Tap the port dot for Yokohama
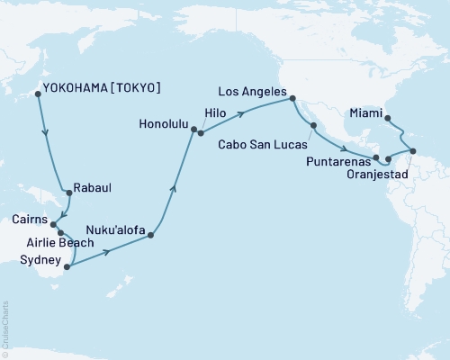(37, 93)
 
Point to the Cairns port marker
(53, 225)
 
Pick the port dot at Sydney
(67, 265)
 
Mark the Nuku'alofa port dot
(151, 237)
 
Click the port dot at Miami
(387, 118)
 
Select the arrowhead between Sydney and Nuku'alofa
(108, 253)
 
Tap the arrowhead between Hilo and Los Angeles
(244, 113)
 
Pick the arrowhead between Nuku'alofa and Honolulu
(174, 188)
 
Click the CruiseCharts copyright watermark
(5, 328)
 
